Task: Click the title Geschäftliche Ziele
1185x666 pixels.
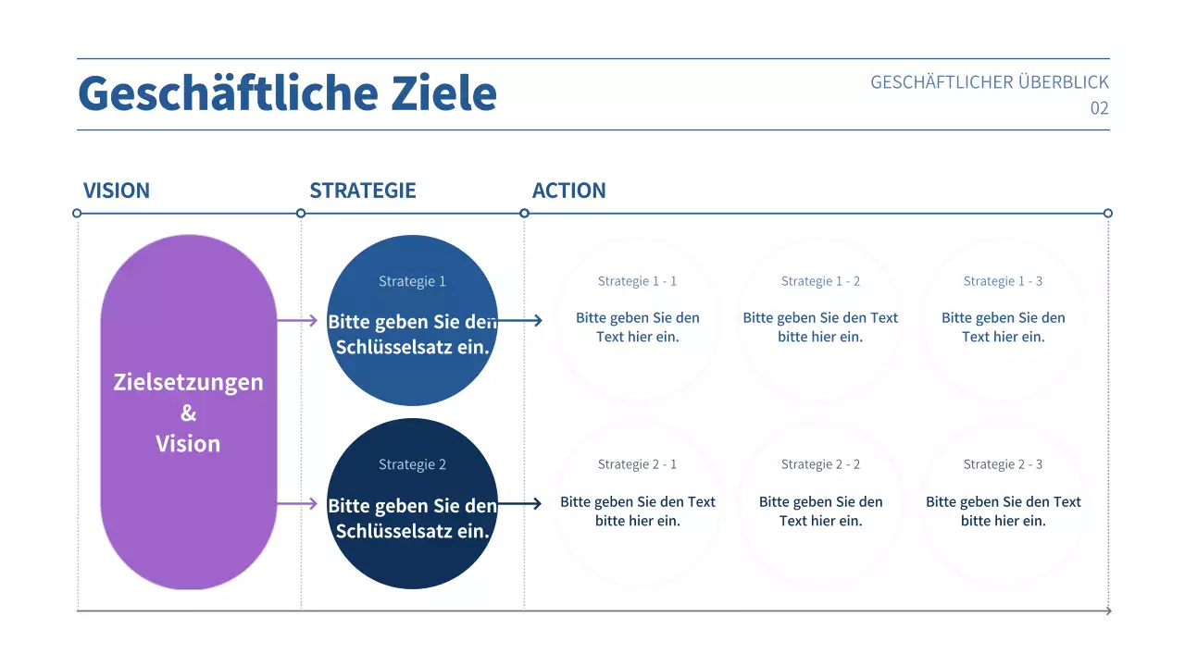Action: click(x=287, y=93)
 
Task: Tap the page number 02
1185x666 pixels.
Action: click(x=1099, y=108)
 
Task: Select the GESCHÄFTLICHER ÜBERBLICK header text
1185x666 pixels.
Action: click(x=989, y=82)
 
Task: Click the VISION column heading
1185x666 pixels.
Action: click(x=117, y=191)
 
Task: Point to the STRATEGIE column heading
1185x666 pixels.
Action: click(x=363, y=191)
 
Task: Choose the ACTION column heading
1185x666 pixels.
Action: click(x=568, y=191)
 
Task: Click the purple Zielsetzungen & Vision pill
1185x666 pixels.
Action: click(x=188, y=413)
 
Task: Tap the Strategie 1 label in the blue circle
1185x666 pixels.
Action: click(x=412, y=281)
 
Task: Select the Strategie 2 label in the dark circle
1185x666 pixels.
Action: click(x=412, y=464)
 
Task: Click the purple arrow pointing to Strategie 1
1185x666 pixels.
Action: click(x=297, y=321)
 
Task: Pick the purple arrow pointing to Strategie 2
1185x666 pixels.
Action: click(x=297, y=504)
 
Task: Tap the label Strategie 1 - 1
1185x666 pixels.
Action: click(x=637, y=281)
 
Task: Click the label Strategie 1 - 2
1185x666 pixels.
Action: click(x=820, y=281)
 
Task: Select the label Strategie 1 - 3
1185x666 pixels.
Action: click(x=1003, y=281)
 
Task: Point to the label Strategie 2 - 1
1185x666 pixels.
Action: click(x=637, y=464)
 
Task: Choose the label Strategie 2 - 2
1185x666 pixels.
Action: click(x=820, y=464)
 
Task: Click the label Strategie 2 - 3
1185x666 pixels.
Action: click(x=1003, y=464)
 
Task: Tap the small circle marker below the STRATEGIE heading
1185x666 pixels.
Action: click(x=301, y=213)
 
